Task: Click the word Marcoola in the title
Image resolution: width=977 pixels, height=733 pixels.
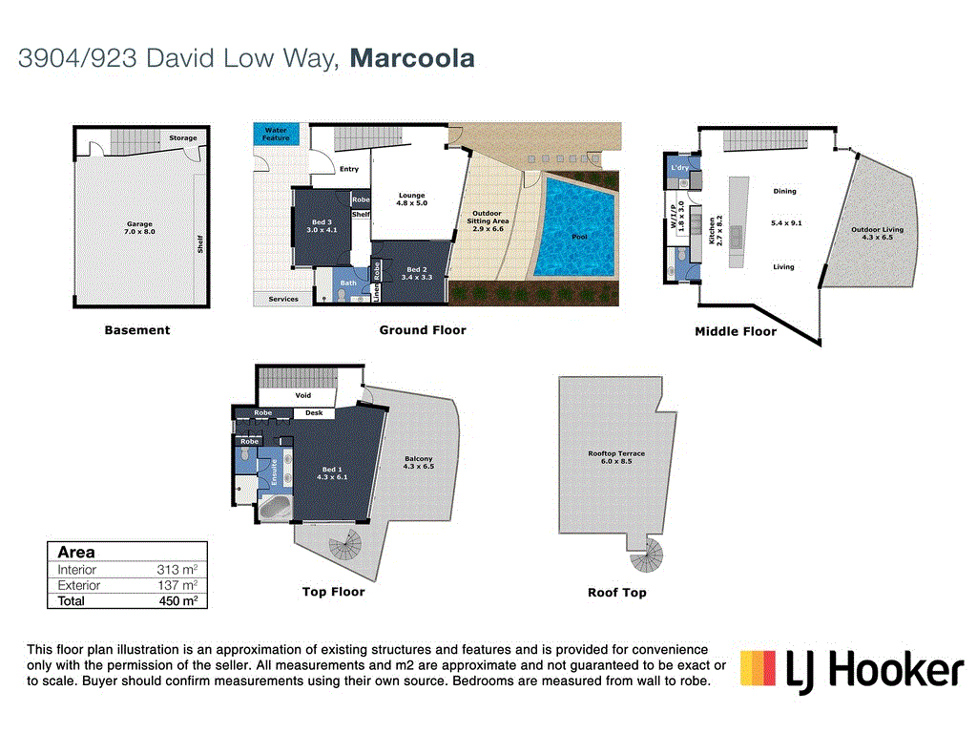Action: [x=412, y=58]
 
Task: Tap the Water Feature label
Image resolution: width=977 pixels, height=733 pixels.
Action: [x=276, y=134]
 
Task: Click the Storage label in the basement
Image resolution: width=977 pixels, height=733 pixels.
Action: [x=183, y=138]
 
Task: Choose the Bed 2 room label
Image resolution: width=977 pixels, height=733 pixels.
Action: [x=417, y=273]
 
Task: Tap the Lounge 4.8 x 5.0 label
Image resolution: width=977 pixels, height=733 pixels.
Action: [x=411, y=199]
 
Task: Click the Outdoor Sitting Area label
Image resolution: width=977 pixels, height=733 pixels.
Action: [x=488, y=220]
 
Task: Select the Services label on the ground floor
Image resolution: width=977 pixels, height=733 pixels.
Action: [x=283, y=299]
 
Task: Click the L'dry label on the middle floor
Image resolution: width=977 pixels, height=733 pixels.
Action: [x=679, y=168]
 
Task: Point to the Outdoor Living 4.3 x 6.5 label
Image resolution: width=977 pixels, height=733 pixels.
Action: [x=877, y=233]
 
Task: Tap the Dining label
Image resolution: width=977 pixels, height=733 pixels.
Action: [x=784, y=191]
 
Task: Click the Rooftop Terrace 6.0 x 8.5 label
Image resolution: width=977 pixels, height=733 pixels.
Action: [x=616, y=457]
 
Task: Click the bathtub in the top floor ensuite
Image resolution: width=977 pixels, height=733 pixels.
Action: [x=276, y=507]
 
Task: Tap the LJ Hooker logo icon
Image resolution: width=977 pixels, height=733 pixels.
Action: [x=758, y=668]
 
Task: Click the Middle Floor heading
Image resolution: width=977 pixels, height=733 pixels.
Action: [x=735, y=331]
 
